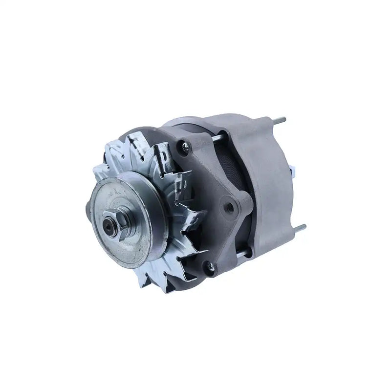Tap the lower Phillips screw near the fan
point(211,266)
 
